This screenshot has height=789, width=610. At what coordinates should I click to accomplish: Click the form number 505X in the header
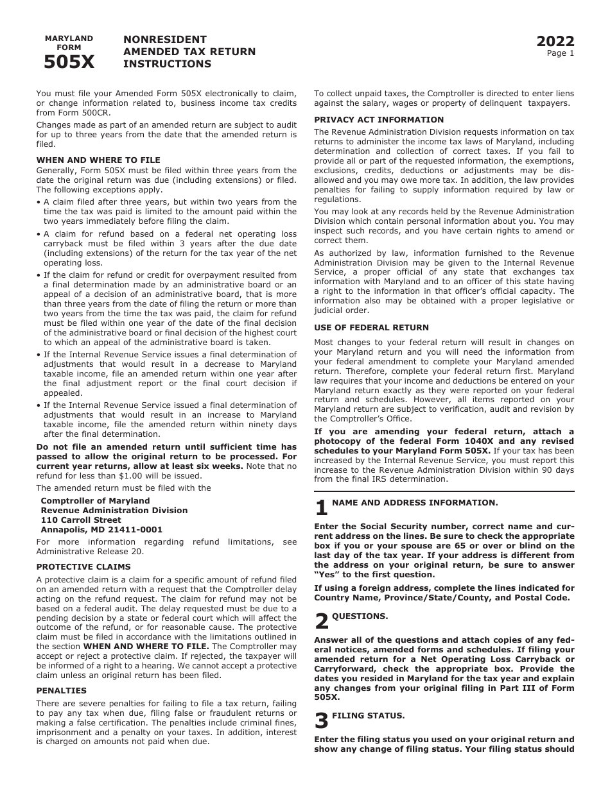tap(69, 62)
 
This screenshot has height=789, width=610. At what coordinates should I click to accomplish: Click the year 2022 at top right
tap(555, 42)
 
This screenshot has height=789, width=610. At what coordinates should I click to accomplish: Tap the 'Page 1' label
tap(561, 54)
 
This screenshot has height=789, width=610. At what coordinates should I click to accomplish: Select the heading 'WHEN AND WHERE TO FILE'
tap(98, 160)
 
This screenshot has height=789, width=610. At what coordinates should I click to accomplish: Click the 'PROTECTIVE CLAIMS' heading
tap(83, 567)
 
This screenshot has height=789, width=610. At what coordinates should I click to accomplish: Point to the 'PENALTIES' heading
tap(61, 691)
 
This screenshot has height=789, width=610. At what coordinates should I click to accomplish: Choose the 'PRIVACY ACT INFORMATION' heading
tap(379, 120)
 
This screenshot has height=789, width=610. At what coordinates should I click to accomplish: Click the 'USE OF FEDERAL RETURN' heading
tap(371, 328)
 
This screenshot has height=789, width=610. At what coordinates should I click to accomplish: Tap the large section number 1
tap(321, 509)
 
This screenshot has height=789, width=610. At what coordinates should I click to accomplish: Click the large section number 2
tap(321, 622)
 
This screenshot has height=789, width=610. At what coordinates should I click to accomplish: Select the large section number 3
tap(321, 721)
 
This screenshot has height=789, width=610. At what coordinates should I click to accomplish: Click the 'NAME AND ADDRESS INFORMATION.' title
tap(415, 503)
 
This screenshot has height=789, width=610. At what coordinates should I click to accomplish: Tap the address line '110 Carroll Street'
tap(81, 520)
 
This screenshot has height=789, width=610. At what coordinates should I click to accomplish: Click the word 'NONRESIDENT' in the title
tap(165, 40)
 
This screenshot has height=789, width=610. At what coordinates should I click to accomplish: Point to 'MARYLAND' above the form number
tap(69, 38)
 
